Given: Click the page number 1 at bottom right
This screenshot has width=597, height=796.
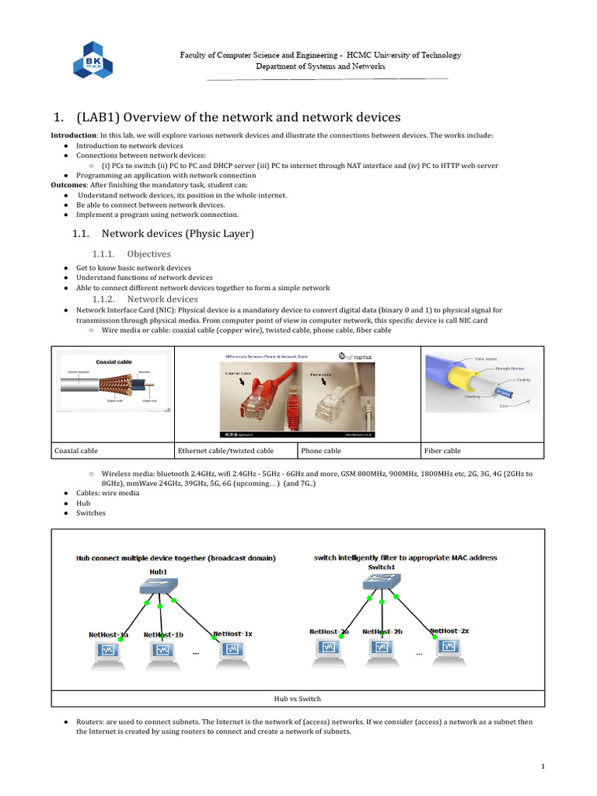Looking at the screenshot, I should (544, 766).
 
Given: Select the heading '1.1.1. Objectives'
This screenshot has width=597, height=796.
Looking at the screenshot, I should (131, 253).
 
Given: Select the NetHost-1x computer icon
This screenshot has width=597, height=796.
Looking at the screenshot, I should (232, 655).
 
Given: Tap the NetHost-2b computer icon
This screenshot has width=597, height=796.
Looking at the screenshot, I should (381, 652).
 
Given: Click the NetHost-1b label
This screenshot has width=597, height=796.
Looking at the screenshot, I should (163, 634).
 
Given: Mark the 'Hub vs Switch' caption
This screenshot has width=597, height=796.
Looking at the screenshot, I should (298, 698).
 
